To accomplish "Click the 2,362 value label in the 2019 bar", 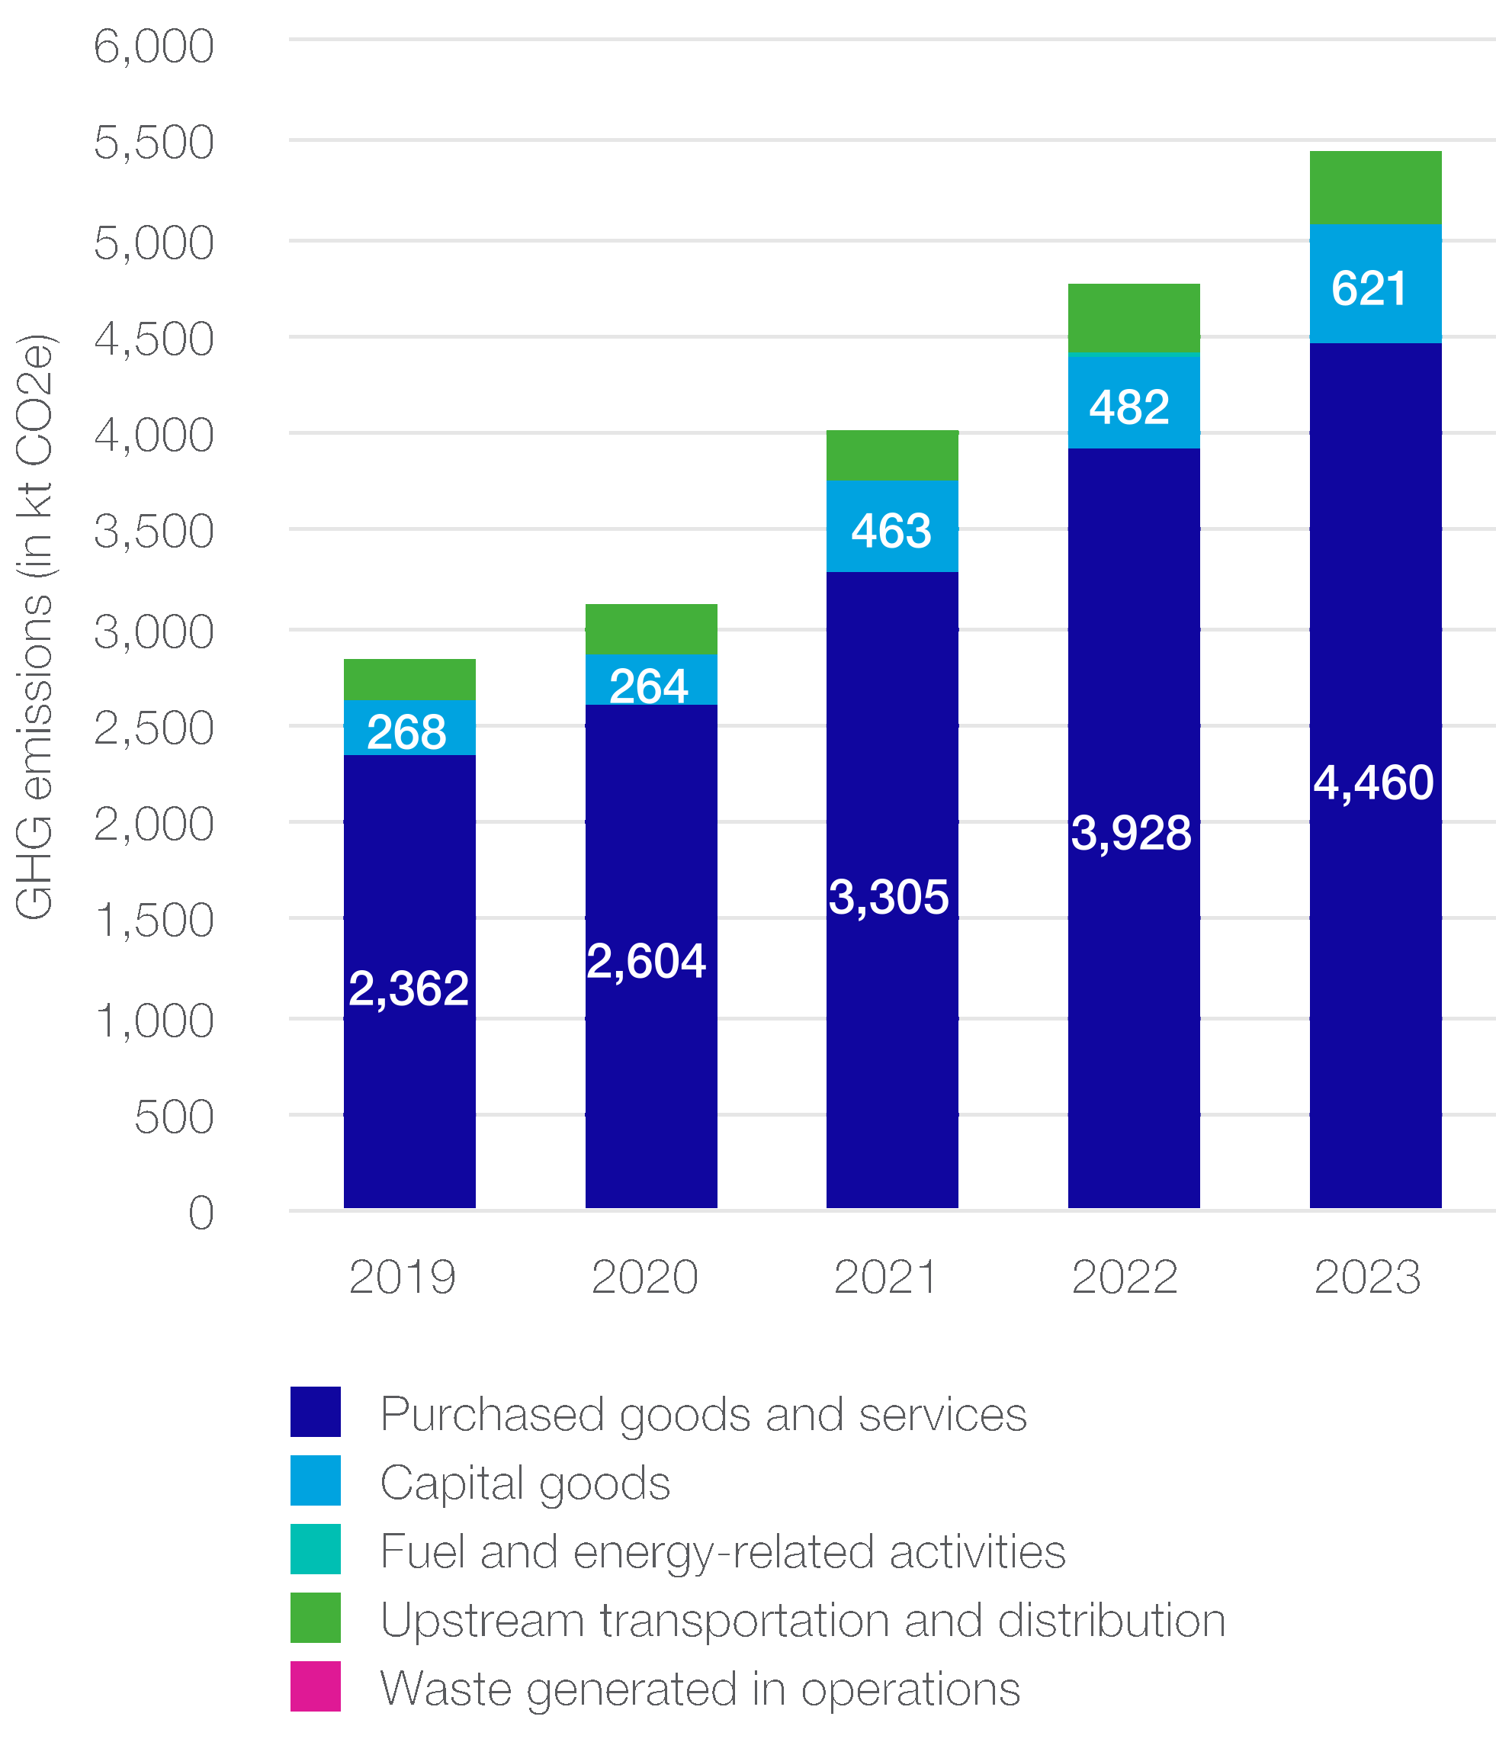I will pyautogui.click(x=408, y=988).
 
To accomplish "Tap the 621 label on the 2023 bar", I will pyautogui.click(x=1369, y=289).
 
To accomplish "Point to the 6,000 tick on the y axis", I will pyautogui.click(x=153, y=47).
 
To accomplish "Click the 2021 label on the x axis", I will pyautogui.click(x=885, y=1278).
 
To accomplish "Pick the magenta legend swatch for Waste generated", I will pyautogui.click(x=316, y=1686).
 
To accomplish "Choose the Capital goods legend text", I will pyautogui.click(x=525, y=1483).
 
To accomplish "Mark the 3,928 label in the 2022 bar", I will pyautogui.click(x=1130, y=834).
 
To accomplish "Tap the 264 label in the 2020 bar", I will pyautogui.click(x=649, y=686).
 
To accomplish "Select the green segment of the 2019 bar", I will pyautogui.click(x=409, y=679).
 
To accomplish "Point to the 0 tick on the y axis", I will pyautogui.click(x=201, y=1213).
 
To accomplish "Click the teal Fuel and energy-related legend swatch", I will pyautogui.click(x=316, y=1549).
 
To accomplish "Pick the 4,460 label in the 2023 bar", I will pyautogui.click(x=1372, y=783).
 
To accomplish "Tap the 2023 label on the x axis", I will pyautogui.click(x=1367, y=1278).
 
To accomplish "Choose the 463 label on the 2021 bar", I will pyautogui.click(x=891, y=532).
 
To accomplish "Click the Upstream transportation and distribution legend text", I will pyautogui.click(x=803, y=1620).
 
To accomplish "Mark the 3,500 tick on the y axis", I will pyautogui.click(x=153, y=532).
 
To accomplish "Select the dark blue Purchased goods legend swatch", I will pyautogui.click(x=316, y=1413).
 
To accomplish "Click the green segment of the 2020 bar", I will pyautogui.click(x=651, y=628).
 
